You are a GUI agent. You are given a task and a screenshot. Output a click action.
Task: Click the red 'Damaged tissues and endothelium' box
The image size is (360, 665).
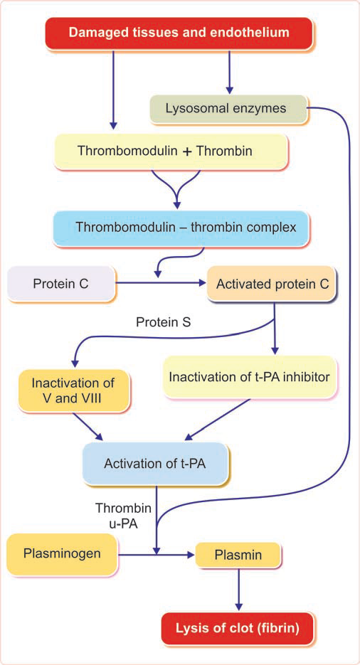[x=179, y=33]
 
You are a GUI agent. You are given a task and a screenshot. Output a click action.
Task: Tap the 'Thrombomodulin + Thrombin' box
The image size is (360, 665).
[x=171, y=152]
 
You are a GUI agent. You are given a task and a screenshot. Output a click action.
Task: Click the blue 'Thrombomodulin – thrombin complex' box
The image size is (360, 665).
[x=191, y=228]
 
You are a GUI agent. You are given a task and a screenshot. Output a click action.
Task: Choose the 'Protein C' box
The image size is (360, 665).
[x=60, y=284]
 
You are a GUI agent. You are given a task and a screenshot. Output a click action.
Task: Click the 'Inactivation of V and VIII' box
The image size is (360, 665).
[x=73, y=390]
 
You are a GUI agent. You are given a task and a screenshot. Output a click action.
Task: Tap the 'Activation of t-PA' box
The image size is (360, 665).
[x=156, y=464]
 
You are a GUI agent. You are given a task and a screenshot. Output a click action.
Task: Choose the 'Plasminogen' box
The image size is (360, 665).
[x=60, y=553]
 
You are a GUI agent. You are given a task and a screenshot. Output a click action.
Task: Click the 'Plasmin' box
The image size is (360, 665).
[x=238, y=553]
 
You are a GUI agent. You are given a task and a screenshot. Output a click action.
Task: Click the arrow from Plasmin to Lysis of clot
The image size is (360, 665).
[x=238, y=588]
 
